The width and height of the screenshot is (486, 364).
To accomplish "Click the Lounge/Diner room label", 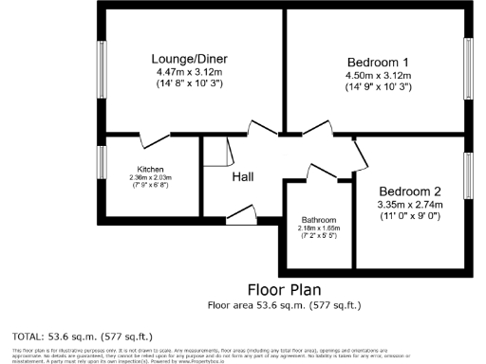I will click(194, 59).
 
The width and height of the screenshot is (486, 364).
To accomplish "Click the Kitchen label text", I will click(152, 170).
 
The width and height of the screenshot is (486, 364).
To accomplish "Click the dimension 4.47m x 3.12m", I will click(194, 72).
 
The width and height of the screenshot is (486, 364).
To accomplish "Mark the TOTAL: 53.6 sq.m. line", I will click(82, 336).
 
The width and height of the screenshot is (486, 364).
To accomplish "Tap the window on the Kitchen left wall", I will click(102, 162).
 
